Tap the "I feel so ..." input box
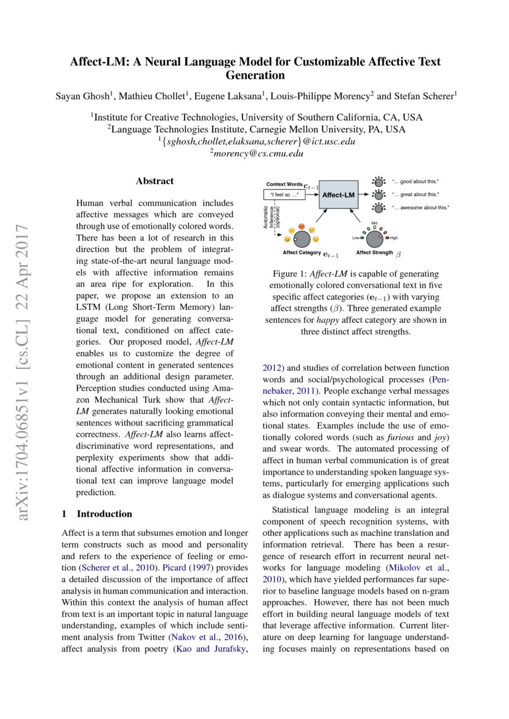[x=285, y=195]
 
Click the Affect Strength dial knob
[x=375, y=237]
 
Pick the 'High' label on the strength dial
[x=395, y=237]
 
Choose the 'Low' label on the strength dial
[x=355, y=237]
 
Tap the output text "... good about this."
[x=415, y=182]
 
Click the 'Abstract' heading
[x=154, y=181]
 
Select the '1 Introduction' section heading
[x=97, y=514]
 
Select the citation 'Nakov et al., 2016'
[x=211, y=636]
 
